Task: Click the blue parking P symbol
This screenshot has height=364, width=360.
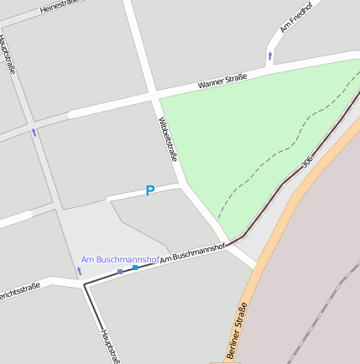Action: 150,191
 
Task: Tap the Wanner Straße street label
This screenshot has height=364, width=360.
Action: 222,81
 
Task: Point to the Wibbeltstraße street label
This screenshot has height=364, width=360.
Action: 169,138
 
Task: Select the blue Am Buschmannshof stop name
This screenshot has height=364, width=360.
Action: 120,260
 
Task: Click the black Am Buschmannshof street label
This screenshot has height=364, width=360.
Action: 193,253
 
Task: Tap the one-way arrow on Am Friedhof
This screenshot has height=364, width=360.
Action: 270,56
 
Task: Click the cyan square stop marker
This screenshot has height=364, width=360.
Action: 135,268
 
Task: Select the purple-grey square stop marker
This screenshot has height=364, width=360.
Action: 120,272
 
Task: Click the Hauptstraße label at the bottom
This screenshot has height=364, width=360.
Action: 110,346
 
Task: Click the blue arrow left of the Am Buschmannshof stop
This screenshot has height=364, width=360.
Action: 80,271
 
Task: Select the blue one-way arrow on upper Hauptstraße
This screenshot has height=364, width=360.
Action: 34,132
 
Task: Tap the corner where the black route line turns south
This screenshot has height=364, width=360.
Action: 84,285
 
